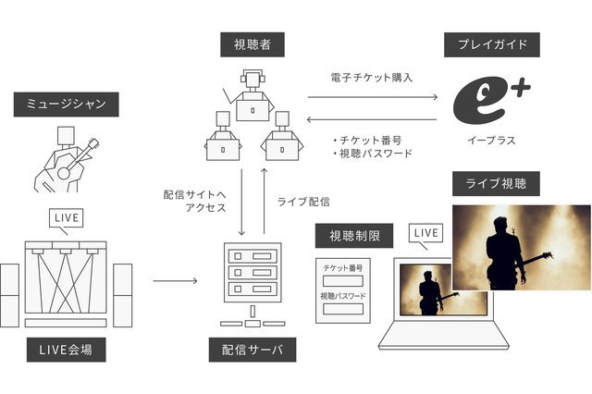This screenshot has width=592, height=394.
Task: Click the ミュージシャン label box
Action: tap(56, 105)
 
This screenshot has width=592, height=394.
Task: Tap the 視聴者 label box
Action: tap(245, 43)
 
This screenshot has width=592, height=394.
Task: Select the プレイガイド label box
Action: tap(491, 44)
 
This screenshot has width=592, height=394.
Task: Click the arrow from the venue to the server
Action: tap(173, 278)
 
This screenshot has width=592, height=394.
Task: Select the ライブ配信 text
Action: tap(302, 201)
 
